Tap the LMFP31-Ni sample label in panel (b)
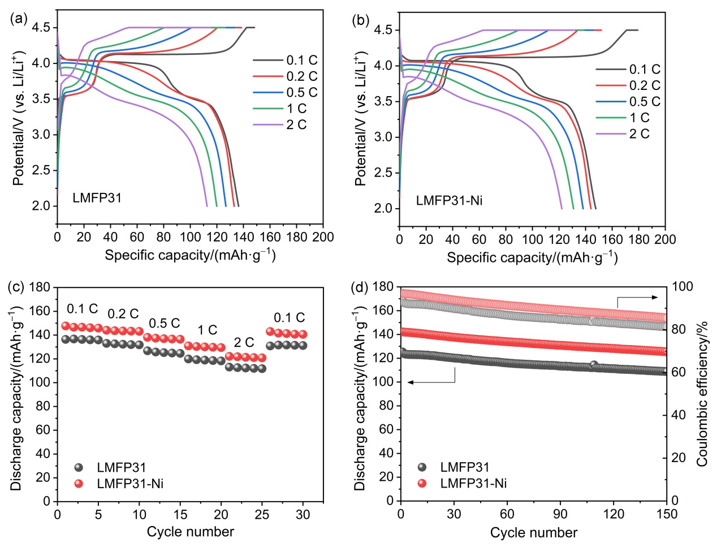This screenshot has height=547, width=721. click(x=449, y=200)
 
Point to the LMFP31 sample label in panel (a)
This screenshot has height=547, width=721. click(x=97, y=198)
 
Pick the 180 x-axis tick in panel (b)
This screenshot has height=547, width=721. click(x=639, y=239)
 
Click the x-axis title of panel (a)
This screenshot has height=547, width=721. click(x=190, y=255)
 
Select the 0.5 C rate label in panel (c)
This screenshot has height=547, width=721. click(x=164, y=324)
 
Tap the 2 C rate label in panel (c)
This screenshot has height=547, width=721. click(x=244, y=342)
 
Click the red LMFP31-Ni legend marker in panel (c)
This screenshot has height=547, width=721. click(x=79, y=484)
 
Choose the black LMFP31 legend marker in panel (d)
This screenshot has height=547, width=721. click(x=422, y=467)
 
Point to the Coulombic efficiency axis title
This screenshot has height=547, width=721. click(x=702, y=393)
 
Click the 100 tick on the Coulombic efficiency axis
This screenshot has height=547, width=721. click(x=681, y=286)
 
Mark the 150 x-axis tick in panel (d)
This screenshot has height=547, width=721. click(x=667, y=514)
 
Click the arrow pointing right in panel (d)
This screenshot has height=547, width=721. click(x=637, y=298)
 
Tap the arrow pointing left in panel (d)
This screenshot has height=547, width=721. click(x=431, y=382)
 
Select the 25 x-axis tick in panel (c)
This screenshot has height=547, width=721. click(x=262, y=514)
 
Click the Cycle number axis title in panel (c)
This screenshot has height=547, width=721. click(x=190, y=532)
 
